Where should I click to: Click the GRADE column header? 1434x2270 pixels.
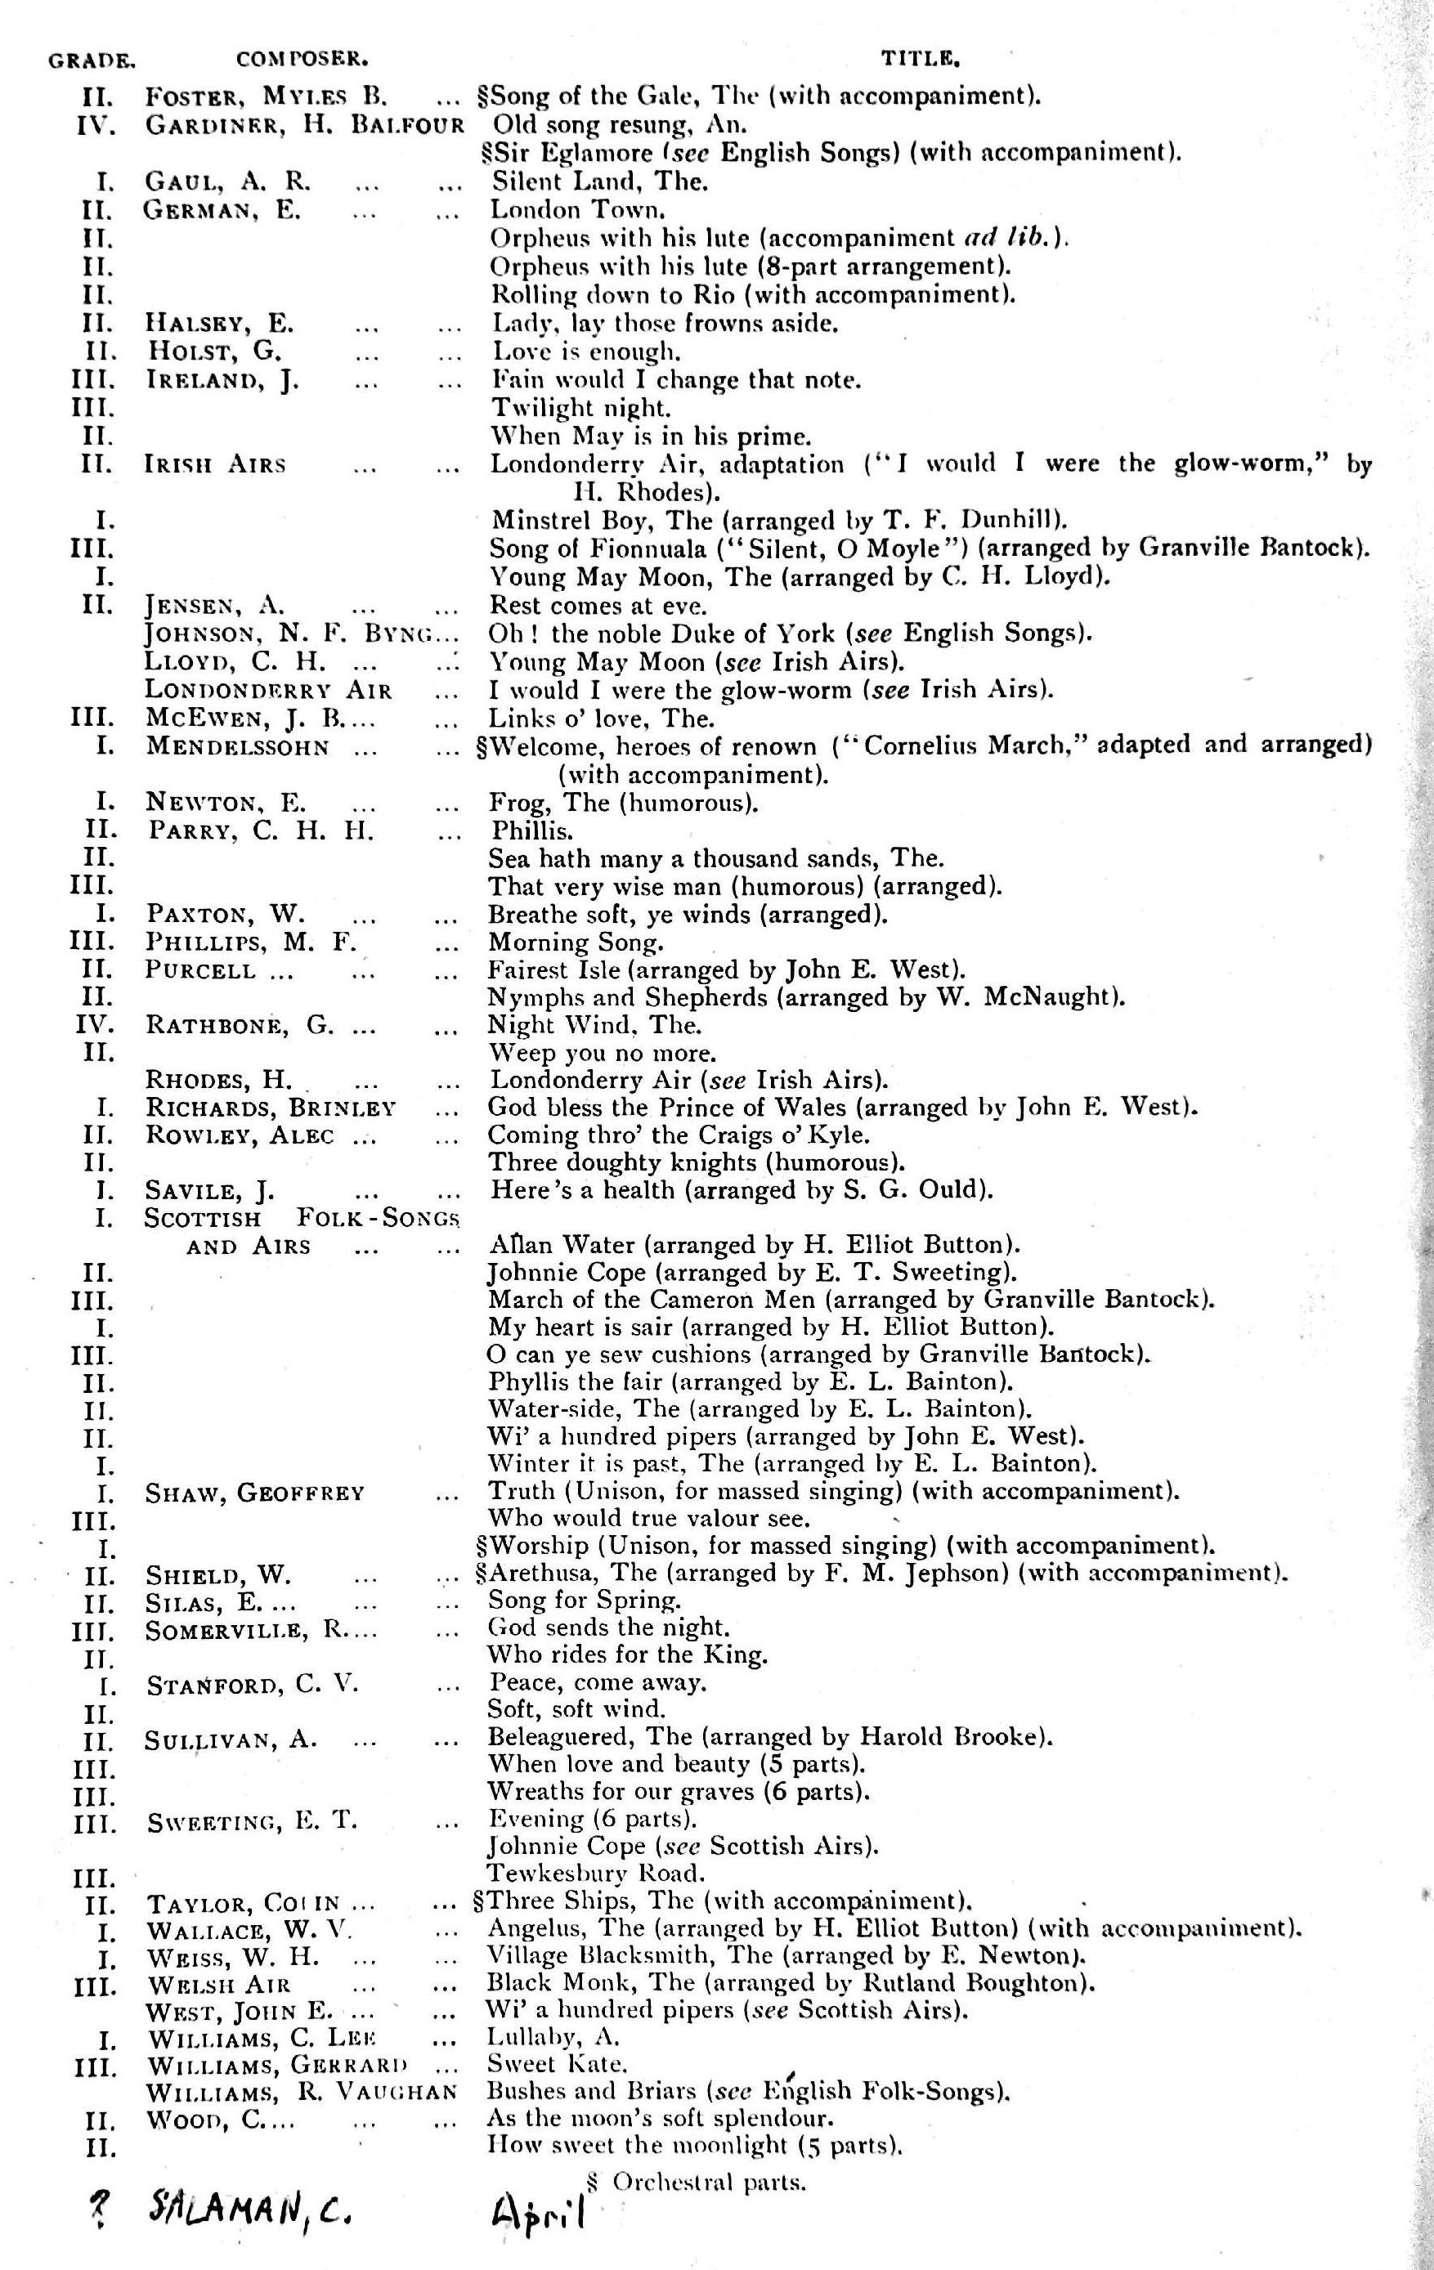(x=92, y=60)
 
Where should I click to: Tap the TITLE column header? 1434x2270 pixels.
(x=919, y=60)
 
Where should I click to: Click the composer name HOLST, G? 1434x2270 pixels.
(x=214, y=351)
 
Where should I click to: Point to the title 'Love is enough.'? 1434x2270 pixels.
(x=585, y=351)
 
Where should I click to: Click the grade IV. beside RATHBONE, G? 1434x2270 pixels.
(x=94, y=1025)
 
